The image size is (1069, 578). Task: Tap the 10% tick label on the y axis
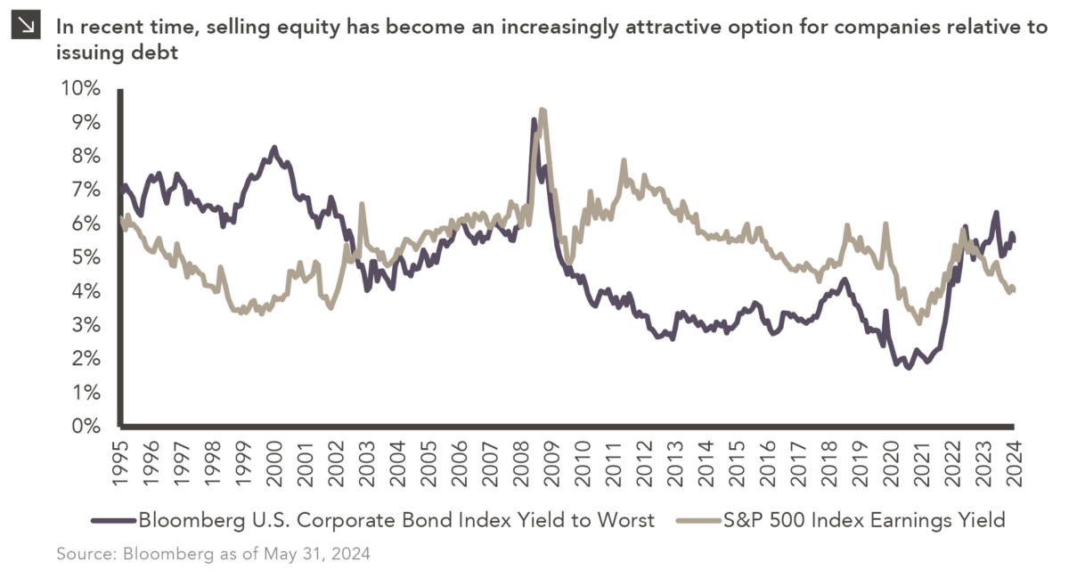(79, 88)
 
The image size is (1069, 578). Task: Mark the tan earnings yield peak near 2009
(543, 110)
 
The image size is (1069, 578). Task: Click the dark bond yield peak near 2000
(273, 148)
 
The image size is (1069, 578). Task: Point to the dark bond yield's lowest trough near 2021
(909, 367)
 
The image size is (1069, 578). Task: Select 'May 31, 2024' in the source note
(316, 554)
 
